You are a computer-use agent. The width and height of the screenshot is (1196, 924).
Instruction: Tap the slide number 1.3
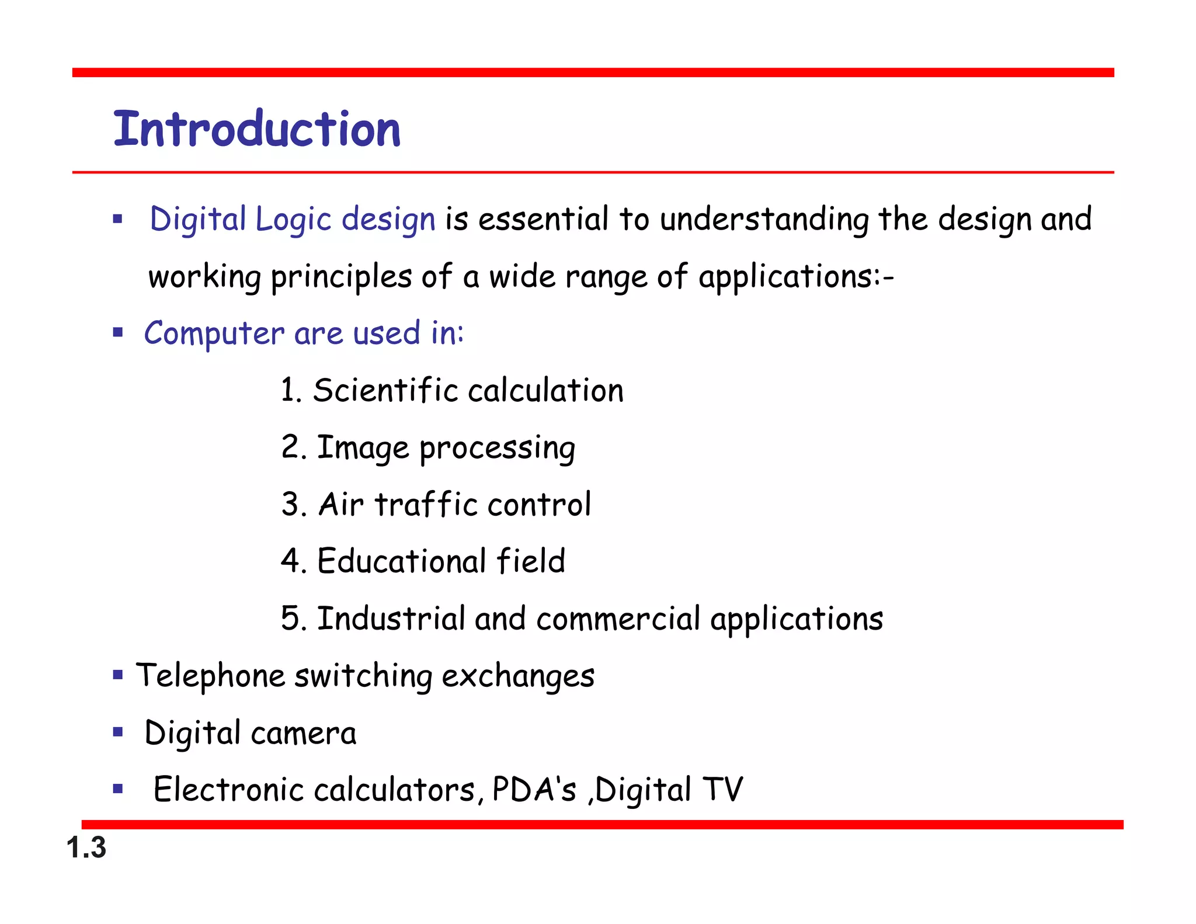pyautogui.click(x=86, y=847)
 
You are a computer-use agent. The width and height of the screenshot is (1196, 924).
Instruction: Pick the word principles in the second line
pyautogui.click(x=341, y=277)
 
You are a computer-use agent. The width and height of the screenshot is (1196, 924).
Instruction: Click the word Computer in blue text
pyautogui.click(x=214, y=334)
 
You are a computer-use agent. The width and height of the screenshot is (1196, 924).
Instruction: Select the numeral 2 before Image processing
pyautogui.click(x=290, y=447)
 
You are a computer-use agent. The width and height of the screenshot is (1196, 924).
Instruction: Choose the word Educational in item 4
pyautogui.click(x=402, y=561)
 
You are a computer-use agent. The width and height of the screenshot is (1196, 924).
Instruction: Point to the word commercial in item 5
pyautogui.click(x=618, y=619)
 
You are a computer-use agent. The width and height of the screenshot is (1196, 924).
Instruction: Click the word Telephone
pyautogui.click(x=210, y=676)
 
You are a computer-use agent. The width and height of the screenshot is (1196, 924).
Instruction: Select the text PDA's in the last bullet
pyautogui.click(x=534, y=790)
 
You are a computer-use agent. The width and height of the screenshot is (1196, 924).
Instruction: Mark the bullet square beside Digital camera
pyautogui.click(x=118, y=732)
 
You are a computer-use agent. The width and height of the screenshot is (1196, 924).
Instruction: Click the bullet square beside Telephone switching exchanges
pyautogui.click(x=118, y=676)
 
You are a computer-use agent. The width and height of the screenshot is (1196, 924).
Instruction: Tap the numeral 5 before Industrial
pyautogui.click(x=290, y=619)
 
